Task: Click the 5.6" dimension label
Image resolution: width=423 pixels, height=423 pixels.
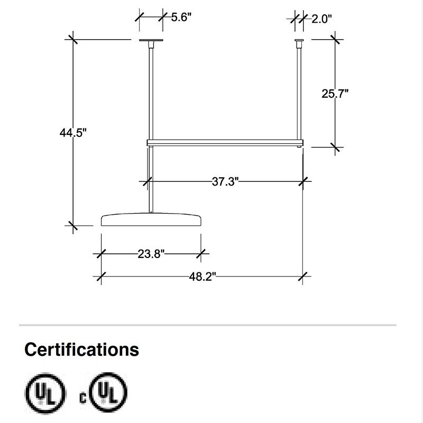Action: coord(181,17)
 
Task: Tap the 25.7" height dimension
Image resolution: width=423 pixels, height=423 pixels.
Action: coord(335,94)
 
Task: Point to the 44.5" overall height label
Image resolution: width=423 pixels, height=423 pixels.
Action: coord(72,133)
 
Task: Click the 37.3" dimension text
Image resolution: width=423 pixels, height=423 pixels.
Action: coord(226,182)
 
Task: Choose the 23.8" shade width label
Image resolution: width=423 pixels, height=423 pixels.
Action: coord(151,254)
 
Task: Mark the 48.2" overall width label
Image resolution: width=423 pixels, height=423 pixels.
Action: coord(203,276)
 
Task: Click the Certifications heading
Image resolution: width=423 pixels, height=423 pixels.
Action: coord(81,350)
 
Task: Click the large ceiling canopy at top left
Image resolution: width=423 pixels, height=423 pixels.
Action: coord(151,41)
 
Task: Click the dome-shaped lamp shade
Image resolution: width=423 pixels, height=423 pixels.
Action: coord(151,219)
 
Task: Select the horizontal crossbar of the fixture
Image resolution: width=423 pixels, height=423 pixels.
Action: coord(225,142)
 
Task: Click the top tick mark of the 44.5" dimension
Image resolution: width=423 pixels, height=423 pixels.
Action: coord(72,39)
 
